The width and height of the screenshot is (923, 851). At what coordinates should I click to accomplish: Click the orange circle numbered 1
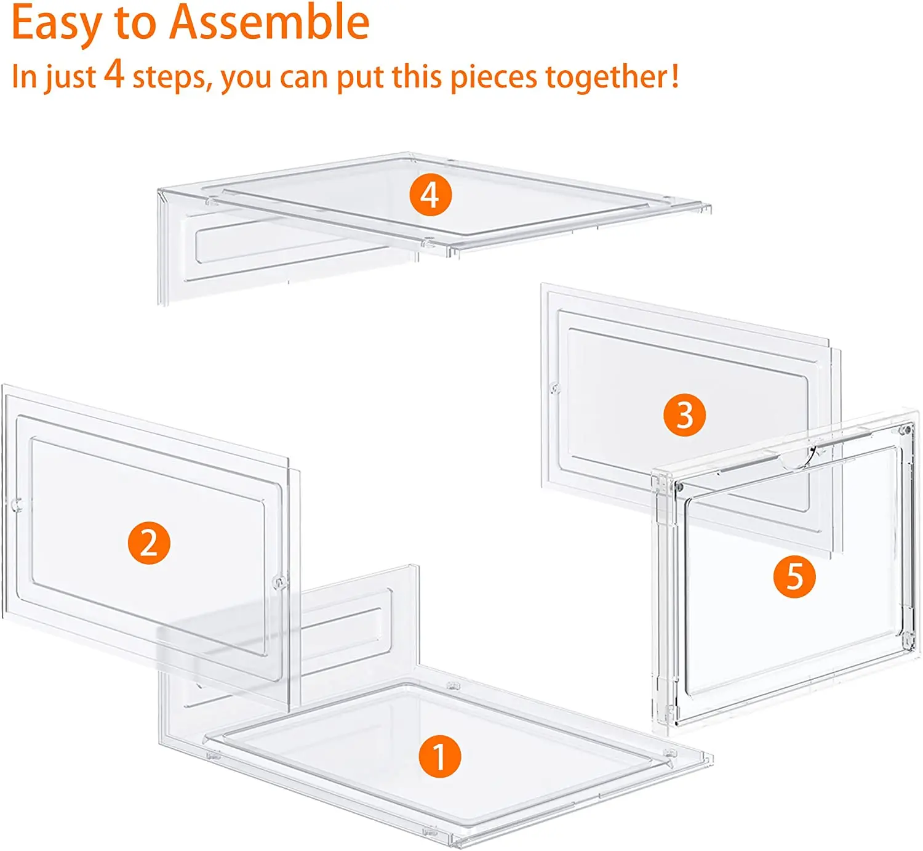click(x=440, y=756)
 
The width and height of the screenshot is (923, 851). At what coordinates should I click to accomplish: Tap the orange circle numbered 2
click(x=149, y=543)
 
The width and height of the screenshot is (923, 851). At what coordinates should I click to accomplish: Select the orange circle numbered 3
click(x=684, y=415)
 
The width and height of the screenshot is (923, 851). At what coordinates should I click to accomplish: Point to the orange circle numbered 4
click(x=431, y=195)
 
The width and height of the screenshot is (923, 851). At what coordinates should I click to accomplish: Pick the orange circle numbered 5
click(x=794, y=577)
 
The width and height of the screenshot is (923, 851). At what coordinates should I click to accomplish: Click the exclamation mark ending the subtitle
click(x=675, y=76)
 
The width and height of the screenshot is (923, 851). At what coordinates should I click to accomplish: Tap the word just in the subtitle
click(x=70, y=78)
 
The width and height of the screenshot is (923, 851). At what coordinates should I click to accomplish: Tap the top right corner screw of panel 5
click(x=905, y=429)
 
